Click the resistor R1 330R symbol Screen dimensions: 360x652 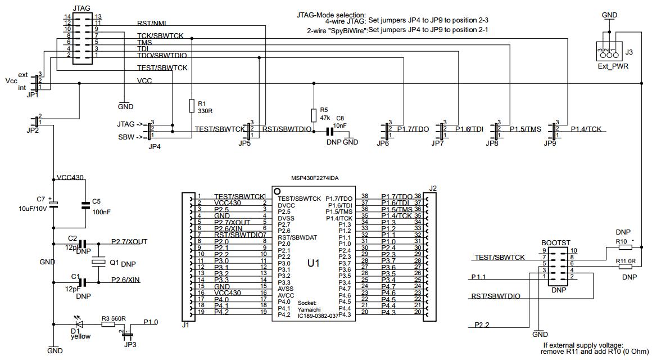point(191,106)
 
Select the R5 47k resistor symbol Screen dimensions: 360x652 point(313,115)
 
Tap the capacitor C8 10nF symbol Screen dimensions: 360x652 point(330,131)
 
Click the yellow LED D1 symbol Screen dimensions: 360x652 point(79,324)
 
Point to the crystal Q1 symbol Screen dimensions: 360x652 point(98,262)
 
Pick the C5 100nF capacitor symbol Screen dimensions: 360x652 point(85,205)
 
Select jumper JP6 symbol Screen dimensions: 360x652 point(386,129)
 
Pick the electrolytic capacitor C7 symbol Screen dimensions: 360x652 point(53,205)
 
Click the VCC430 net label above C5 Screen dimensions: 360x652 point(70,177)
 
